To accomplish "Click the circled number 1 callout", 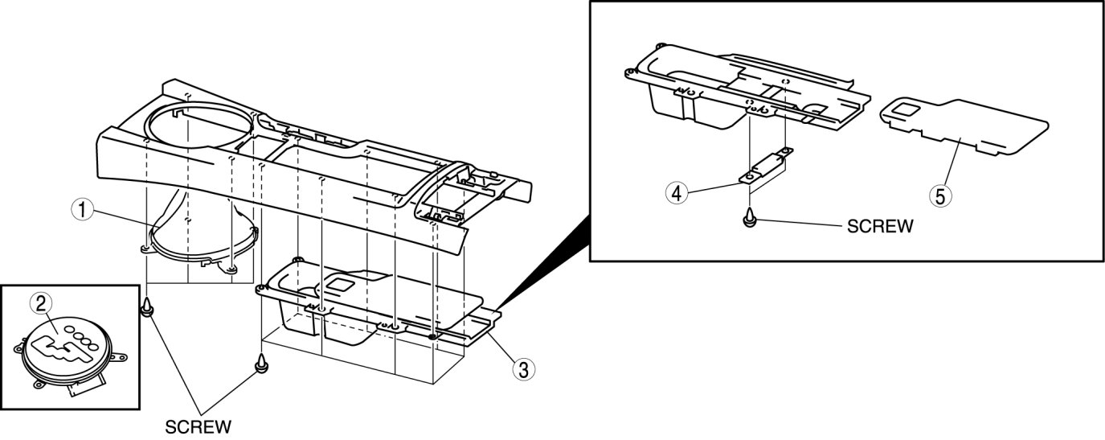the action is point(79,211).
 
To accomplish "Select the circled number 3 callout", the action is point(522,369).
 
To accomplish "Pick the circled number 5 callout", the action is point(938,193).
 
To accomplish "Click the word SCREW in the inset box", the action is point(880,227).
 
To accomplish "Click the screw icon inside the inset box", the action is point(749,217).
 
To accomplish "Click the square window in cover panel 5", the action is point(905,109).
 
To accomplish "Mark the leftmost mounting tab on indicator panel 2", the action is point(18,349).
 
